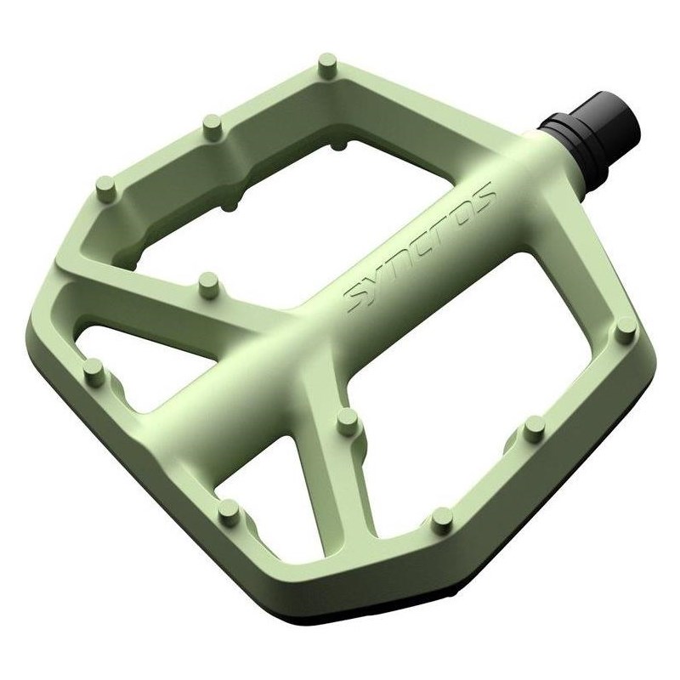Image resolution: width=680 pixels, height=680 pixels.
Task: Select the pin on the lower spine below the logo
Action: pyautogui.click(x=345, y=419)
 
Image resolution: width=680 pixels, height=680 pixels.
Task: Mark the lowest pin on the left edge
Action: pyautogui.click(x=227, y=508)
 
